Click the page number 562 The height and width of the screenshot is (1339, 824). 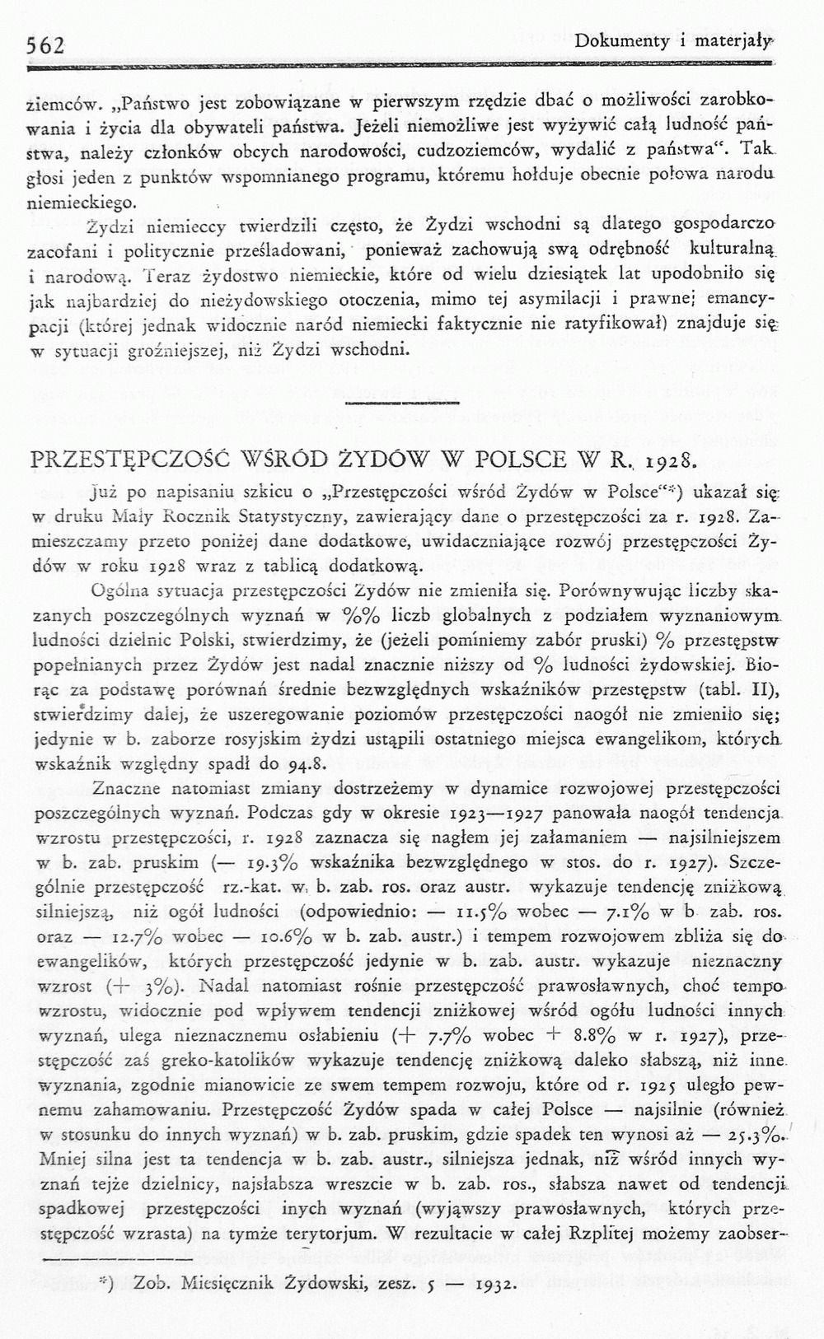(46, 45)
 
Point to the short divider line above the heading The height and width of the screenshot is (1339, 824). (401, 403)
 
